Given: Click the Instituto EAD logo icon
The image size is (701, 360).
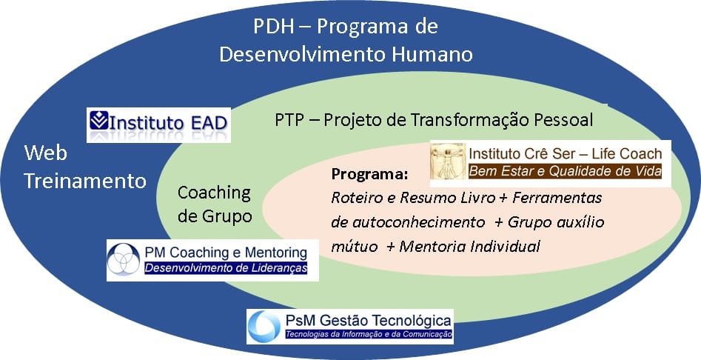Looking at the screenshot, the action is (x=98, y=120).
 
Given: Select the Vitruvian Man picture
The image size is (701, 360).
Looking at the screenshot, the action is (x=448, y=163).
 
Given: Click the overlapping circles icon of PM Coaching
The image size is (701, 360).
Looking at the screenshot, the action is (x=124, y=259).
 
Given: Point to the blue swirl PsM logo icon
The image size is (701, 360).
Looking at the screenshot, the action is (x=265, y=327).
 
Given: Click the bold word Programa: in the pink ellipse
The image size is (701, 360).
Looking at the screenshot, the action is (x=369, y=174).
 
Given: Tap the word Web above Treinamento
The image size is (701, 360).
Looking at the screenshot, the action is (x=46, y=153).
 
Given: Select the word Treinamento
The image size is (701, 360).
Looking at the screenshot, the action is (x=85, y=181).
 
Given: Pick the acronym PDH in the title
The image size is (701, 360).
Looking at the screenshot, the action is (x=274, y=27).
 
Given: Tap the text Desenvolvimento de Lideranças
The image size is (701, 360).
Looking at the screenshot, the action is (x=226, y=268).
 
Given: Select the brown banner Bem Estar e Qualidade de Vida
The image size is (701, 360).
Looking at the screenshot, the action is (x=564, y=171).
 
